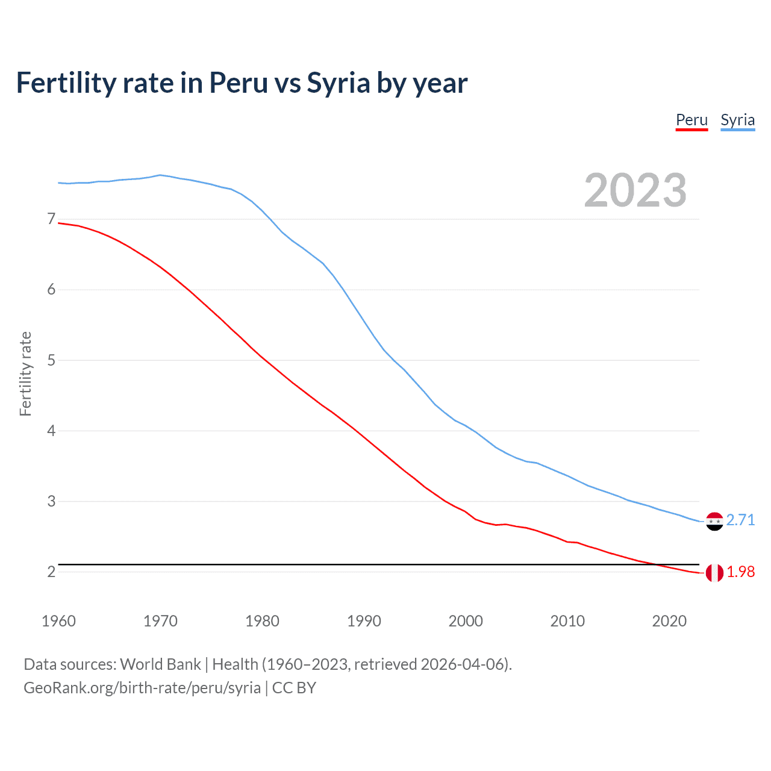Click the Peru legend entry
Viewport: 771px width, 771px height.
(691, 120)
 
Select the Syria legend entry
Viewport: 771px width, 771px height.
(737, 120)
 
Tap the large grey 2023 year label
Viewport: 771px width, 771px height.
(635, 190)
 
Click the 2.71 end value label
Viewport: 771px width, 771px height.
(740, 520)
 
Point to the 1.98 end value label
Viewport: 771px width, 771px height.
(740, 572)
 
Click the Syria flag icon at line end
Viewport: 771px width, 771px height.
(714, 521)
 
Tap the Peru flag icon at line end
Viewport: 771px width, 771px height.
(714, 573)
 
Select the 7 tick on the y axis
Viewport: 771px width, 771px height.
(51, 219)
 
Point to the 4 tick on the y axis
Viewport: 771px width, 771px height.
(51, 431)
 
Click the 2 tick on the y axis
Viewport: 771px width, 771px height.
(51, 572)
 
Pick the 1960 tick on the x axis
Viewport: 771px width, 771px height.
(58, 621)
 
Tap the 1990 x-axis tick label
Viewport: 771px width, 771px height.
(364, 621)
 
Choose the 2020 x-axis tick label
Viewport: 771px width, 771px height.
(669, 621)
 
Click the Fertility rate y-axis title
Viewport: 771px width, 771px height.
(25, 373)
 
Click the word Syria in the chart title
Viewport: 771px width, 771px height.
(338, 83)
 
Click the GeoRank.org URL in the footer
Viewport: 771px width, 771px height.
(142, 688)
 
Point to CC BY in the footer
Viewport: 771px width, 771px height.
(294, 688)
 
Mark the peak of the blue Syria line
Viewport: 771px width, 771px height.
(160, 175)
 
